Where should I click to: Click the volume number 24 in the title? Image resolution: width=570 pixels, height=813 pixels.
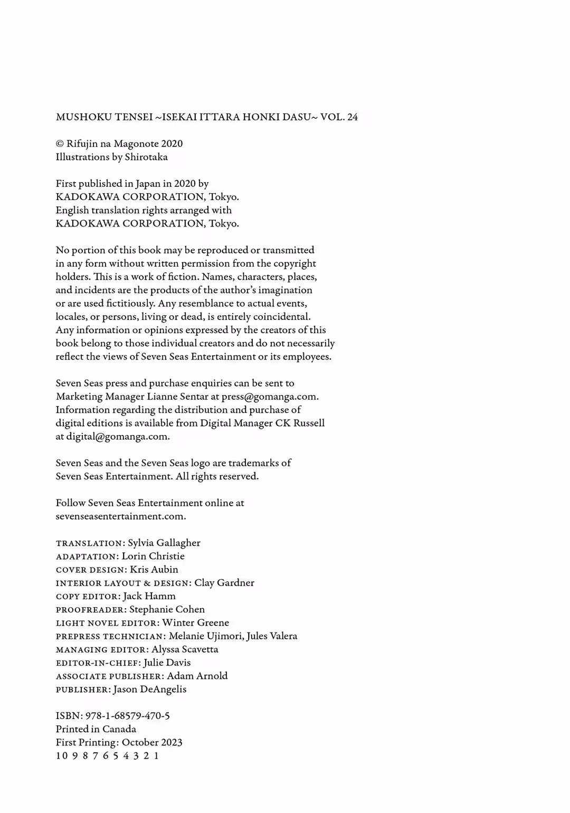pos(352,117)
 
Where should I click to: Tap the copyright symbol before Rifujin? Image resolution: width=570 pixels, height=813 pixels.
pos(60,144)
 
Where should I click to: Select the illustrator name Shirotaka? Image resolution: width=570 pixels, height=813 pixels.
pos(146,157)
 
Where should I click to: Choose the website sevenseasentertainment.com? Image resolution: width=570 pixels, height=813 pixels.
pos(121,516)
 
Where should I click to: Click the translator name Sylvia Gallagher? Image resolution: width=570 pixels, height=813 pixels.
pos(164,543)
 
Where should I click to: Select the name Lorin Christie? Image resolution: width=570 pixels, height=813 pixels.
pos(153,556)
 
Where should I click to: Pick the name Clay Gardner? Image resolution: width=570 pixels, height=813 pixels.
pos(224,583)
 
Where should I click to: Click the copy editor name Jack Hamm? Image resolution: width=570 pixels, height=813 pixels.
pos(149,596)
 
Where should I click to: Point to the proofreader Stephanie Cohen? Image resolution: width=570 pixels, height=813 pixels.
pos(167,609)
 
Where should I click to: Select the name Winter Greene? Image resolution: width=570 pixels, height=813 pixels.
pos(196,622)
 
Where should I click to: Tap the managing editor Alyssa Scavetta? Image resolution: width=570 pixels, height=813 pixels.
pos(185,649)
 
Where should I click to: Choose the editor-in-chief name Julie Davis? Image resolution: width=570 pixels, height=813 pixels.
pos(167,663)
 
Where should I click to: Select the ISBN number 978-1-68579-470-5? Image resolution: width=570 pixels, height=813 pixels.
pos(128,716)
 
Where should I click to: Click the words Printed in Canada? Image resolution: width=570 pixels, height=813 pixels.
pos(96,729)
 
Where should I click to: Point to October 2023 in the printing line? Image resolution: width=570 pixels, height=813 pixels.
pos(152,742)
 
